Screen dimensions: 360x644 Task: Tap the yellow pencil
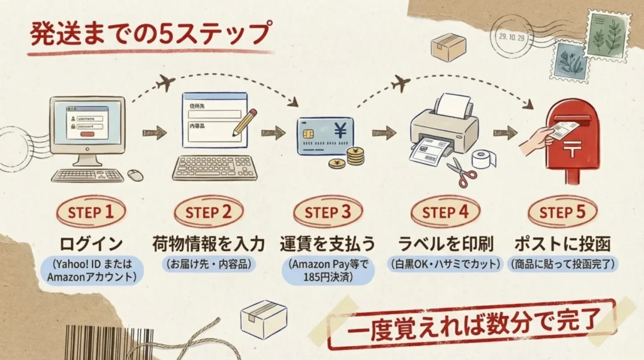pyautogui.click(x=245, y=122)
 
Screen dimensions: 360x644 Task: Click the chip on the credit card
pyautogui.click(x=309, y=135)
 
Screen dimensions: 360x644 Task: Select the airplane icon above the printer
pyautogui.click(x=401, y=82)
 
